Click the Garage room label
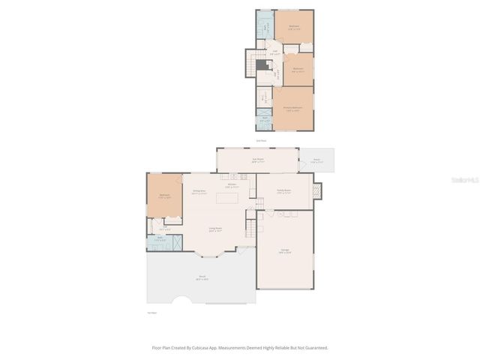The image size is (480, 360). pyautogui.click(x=285, y=253)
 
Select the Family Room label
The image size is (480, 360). pyautogui.click(x=283, y=192)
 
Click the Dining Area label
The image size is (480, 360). pyautogui.click(x=199, y=192)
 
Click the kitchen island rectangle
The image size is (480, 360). pyautogui.click(x=227, y=199)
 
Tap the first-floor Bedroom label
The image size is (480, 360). pyautogui.click(x=164, y=196)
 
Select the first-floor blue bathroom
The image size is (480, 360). pyautogui.click(x=165, y=241)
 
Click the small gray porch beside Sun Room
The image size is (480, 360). pyautogui.click(x=316, y=160)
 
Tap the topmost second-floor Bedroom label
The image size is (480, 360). pyautogui.click(x=294, y=27)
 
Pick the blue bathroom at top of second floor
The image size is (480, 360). pyautogui.click(x=265, y=24)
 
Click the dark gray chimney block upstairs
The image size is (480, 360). pyautogui.click(x=262, y=65)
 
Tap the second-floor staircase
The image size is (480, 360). pyautogui.click(x=257, y=55)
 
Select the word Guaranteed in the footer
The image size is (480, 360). pyautogui.click(x=311, y=348)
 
